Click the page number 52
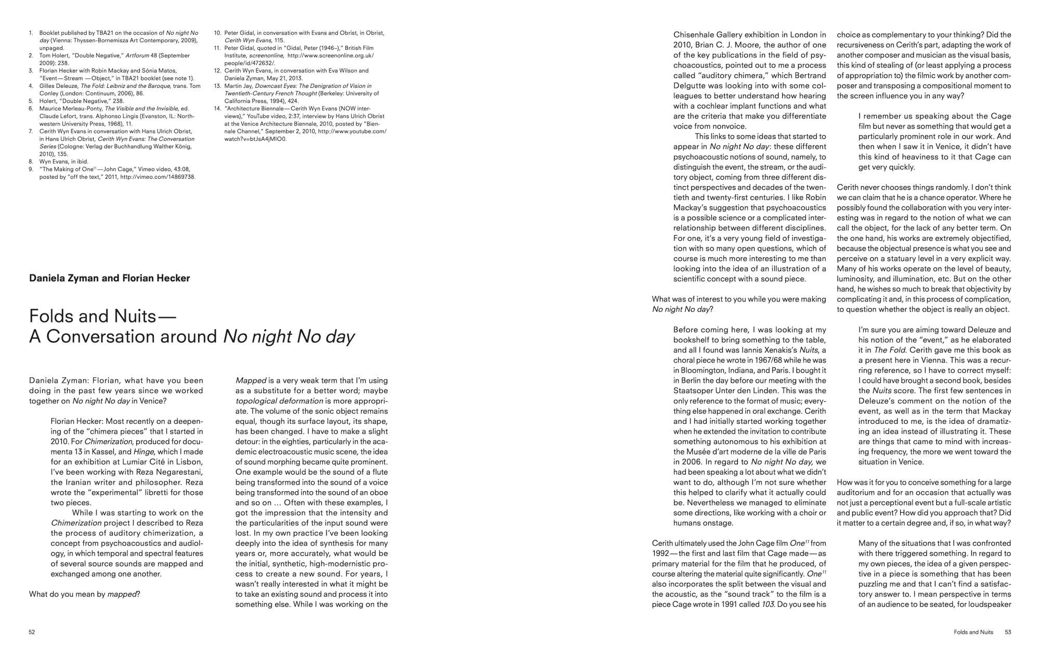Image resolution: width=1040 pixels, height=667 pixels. pos(32,632)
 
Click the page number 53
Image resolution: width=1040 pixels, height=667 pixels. pos(1008,632)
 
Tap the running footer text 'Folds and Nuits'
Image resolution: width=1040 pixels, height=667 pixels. pos(973,632)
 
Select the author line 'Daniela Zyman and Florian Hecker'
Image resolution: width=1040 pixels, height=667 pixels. pos(109,278)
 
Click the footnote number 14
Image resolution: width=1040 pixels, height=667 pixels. pos(217,108)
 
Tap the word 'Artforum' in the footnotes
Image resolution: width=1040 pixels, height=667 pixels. pos(137,55)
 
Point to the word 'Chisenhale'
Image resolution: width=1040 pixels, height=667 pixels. pos(696,35)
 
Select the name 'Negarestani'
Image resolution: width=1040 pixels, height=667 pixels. pos(177,472)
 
